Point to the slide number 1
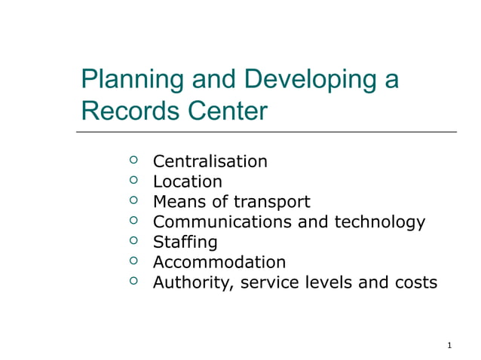pyautogui.click(x=449, y=346)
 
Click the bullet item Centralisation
pyautogui.click(x=210, y=161)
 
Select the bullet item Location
pyautogui.click(x=187, y=182)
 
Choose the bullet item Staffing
pyautogui.click(x=185, y=243)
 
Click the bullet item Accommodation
pyautogui.click(x=219, y=263)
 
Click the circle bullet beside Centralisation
pyautogui.click(x=133, y=160)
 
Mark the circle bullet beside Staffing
pyautogui.click(x=133, y=242)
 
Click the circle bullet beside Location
pyautogui.click(x=133, y=181)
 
